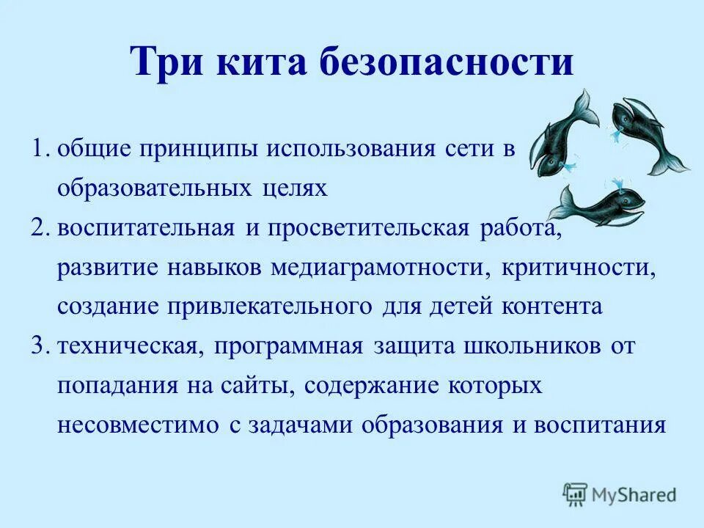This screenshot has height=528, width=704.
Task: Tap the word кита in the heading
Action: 260,62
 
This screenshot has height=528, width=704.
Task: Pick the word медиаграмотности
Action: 377,267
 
